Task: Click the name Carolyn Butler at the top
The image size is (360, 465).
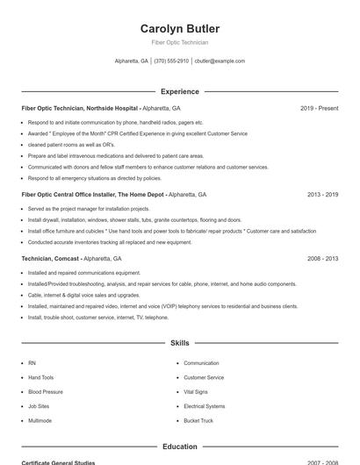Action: (x=179, y=29)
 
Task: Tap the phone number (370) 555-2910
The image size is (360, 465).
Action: (x=171, y=61)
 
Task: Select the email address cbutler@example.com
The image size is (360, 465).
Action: (x=220, y=61)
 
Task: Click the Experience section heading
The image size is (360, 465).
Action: (x=179, y=91)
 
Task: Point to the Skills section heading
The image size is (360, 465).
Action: (x=179, y=343)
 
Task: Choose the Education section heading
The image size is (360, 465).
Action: (x=179, y=447)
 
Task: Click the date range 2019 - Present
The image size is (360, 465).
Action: (x=319, y=108)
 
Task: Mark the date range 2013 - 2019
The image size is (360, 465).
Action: (x=322, y=195)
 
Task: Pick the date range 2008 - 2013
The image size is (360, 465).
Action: (x=322, y=259)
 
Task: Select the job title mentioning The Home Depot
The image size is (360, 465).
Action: (x=92, y=195)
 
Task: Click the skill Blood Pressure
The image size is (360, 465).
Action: (x=46, y=392)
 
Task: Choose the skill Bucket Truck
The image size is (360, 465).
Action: (x=198, y=421)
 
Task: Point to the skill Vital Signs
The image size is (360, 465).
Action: (x=196, y=392)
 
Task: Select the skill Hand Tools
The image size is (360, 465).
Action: (x=41, y=377)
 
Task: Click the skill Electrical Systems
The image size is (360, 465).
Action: (x=205, y=406)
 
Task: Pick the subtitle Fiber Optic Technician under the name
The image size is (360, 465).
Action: (x=179, y=42)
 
